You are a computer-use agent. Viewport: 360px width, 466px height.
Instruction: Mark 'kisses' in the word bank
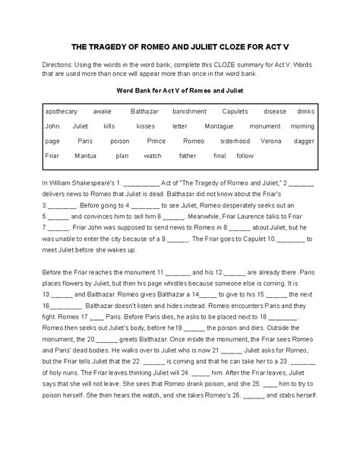(x=146, y=126)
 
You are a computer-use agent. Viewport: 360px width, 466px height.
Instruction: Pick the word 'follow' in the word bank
(x=245, y=156)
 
